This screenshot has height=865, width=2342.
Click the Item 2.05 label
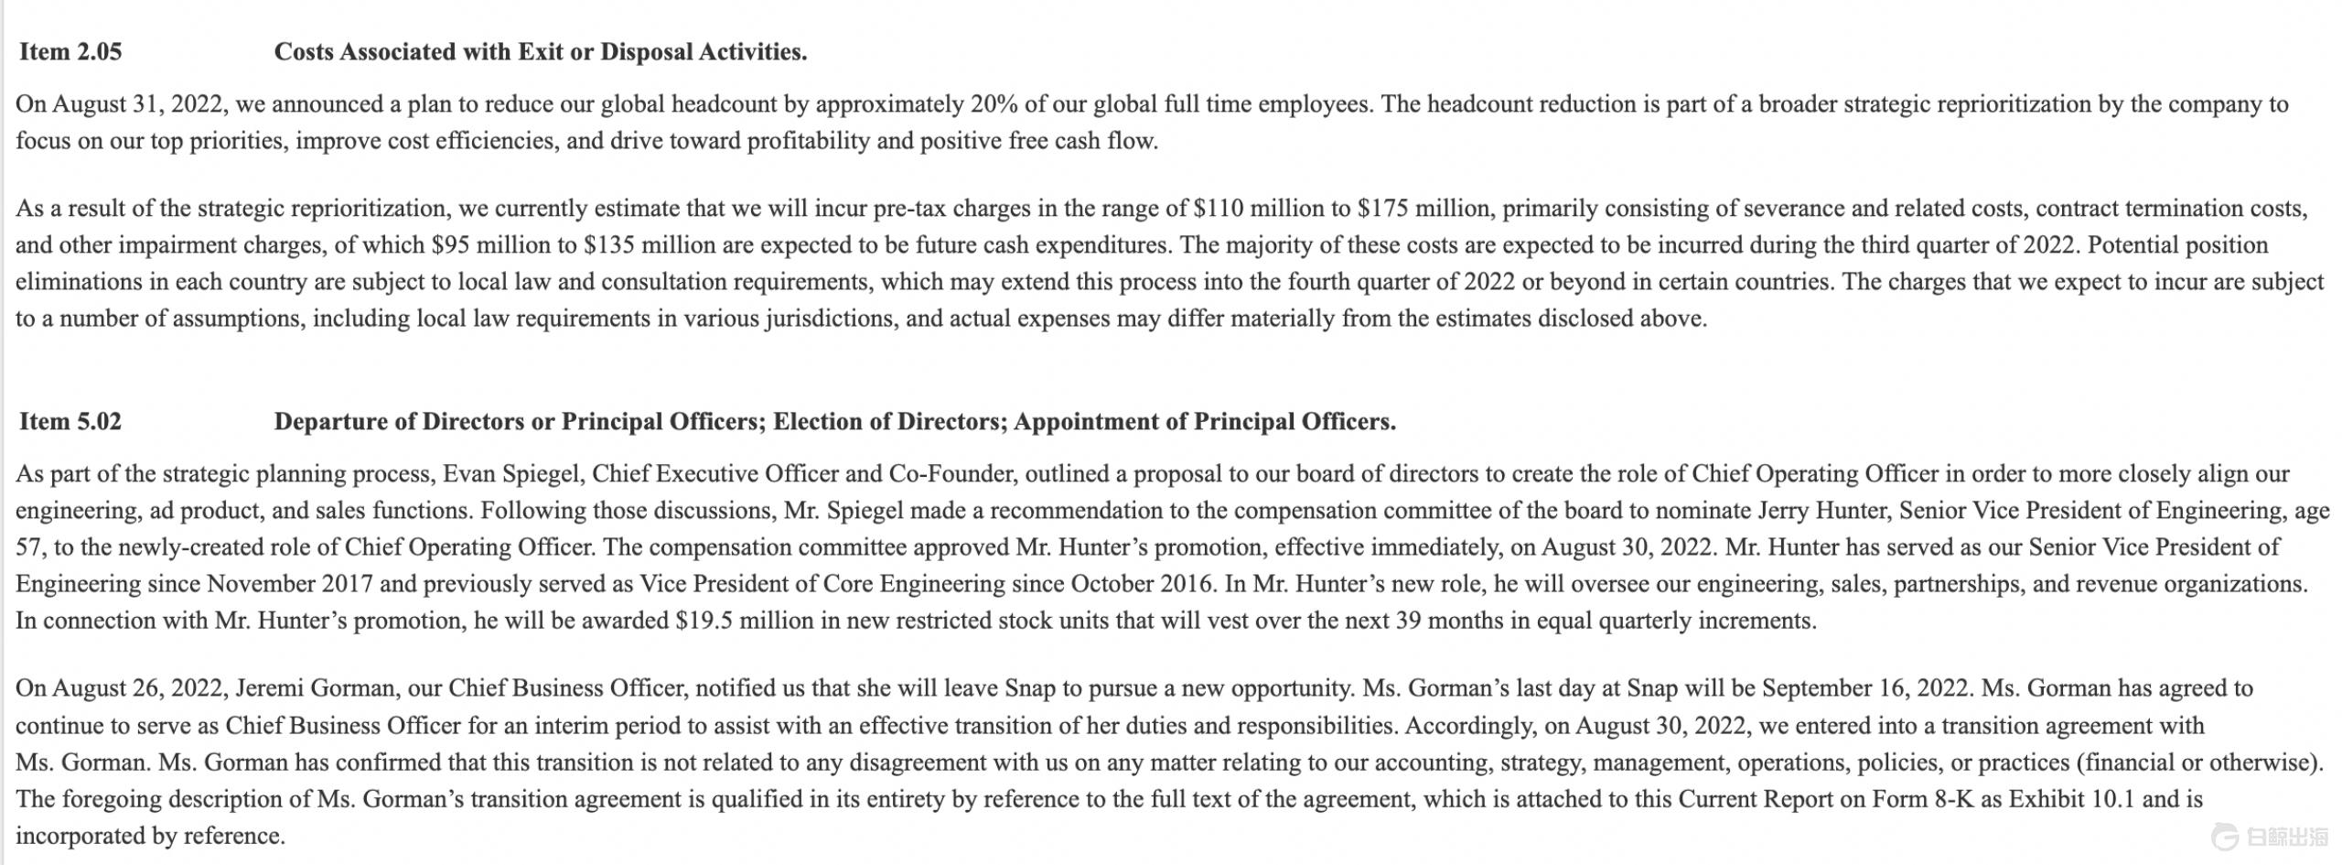pyautogui.click(x=70, y=52)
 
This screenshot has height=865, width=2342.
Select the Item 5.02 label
pyautogui.click(x=70, y=422)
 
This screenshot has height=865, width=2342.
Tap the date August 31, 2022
pyautogui.click(x=138, y=104)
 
